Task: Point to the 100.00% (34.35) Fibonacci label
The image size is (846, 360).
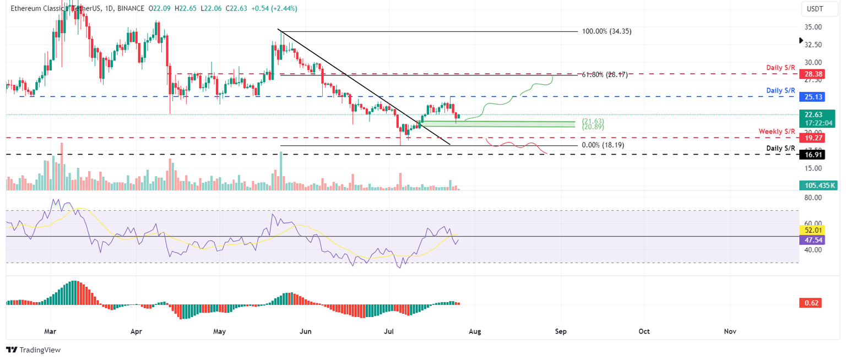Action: click(606, 31)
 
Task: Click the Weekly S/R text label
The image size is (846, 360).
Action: click(777, 131)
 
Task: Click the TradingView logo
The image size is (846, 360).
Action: click(33, 350)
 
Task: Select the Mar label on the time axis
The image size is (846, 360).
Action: click(50, 332)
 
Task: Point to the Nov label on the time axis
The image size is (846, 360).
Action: click(730, 332)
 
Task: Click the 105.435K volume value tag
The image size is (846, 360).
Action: click(817, 186)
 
